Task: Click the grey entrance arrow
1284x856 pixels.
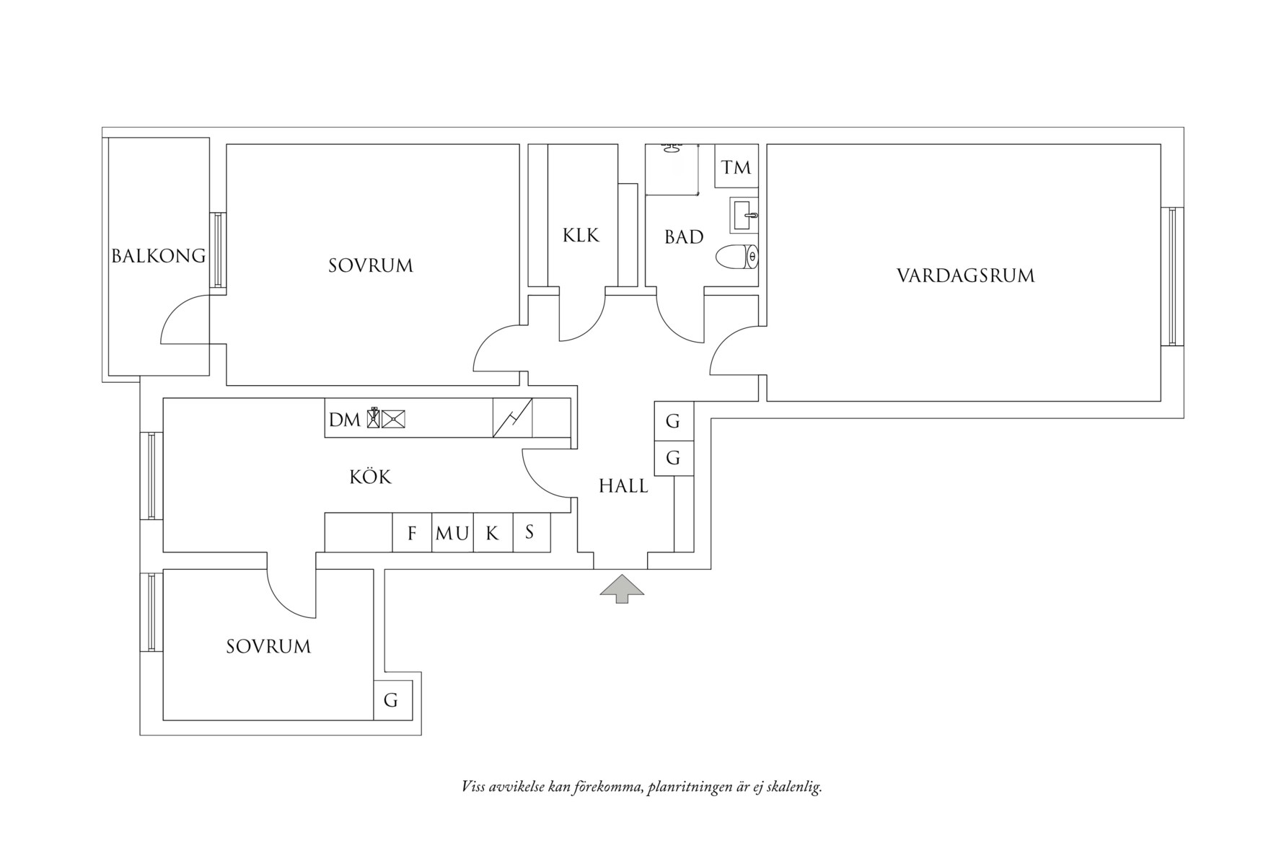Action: pyautogui.click(x=622, y=588)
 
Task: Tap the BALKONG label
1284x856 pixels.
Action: pyautogui.click(x=159, y=256)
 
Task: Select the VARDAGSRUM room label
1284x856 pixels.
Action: pyautogui.click(x=965, y=275)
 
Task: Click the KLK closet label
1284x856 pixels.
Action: pyautogui.click(x=581, y=235)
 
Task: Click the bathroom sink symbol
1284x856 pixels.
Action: pyautogui.click(x=744, y=215)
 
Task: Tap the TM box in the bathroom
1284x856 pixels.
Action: pyautogui.click(x=736, y=168)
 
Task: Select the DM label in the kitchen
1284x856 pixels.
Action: pyautogui.click(x=344, y=420)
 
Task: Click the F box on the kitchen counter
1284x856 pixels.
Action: pyautogui.click(x=412, y=533)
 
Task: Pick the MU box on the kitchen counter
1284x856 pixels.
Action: pyautogui.click(x=452, y=534)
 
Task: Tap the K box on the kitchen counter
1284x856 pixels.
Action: pyautogui.click(x=493, y=533)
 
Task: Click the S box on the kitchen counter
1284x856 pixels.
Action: pyautogui.click(x=531, y=532)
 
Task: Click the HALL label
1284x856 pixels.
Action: pyautogui.click(x=623, y=486)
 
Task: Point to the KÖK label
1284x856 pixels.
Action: pyautogui.click(x=370, y=477)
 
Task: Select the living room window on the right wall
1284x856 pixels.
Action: pyautogui.click(x=1172, y=276)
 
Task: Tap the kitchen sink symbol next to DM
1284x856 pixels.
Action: pyautogui.click(x=394, y=418)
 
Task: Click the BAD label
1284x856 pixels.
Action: pyautogui.click(x=684, y=237)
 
